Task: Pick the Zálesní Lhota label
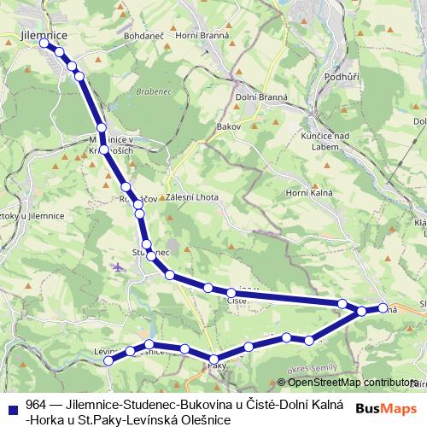coord(194,197)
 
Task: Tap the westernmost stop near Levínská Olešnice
coord(108,361)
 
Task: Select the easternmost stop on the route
coord(383,308)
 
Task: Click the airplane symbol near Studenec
coord(118,267)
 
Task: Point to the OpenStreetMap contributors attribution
coord(350,383)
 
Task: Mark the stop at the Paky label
coord(213,360)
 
